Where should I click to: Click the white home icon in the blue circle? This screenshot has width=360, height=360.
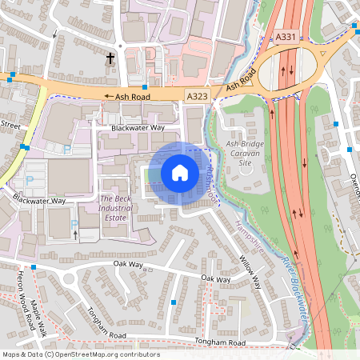pyautogui.click(x=180, y=172)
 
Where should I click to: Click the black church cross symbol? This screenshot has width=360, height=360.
pyautogui.click(x=110, y=58)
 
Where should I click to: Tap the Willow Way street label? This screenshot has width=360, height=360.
pyautogui.click(x=250, y=272)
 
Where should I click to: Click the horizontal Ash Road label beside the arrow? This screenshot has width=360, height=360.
pyautogui.click(x=133, y=95)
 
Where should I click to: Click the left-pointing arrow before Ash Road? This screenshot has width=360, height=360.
pyautogui.click(x=109, y=95)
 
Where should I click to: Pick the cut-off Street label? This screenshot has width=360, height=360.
pyautogui.click(x=9, y=125)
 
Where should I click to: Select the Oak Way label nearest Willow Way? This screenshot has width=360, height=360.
pyautogui.click(x=215, y=279)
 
